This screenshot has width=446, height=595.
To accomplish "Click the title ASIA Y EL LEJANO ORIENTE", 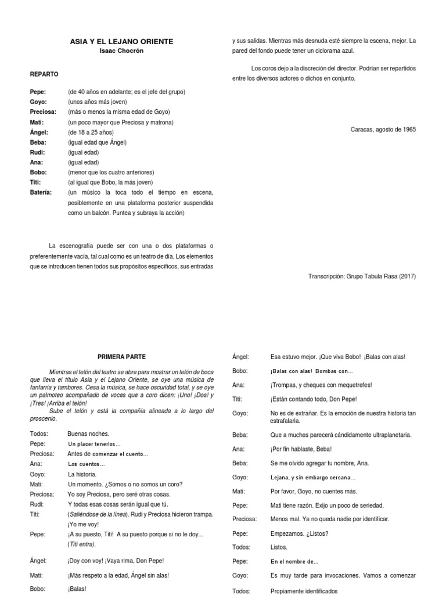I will pos(121,42).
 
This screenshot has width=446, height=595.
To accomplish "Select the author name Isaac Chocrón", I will pos(121,51).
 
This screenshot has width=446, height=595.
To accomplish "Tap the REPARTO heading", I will pos(44,74).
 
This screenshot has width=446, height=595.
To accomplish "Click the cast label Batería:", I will pos(41,192).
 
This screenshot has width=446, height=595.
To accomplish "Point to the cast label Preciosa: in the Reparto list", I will pos(43,112).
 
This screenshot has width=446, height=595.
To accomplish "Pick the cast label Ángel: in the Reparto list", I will pos(41,132).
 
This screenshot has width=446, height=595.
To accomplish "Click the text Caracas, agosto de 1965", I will pos(383,130).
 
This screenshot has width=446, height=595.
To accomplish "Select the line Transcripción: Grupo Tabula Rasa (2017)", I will pos(362,277).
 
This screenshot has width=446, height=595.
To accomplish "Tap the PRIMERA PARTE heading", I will pos(121,357).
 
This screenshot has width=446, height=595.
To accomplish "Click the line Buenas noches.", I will pos(88,433).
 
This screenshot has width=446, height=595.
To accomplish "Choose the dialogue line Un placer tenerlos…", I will pos(94,444).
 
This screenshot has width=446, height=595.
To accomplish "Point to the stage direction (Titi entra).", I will pos(82,544).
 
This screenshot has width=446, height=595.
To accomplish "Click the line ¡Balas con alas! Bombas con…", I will pos(311,371).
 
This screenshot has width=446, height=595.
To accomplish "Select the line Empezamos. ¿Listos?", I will pos(299,533).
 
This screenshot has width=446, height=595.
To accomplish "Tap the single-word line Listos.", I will pos(279,547).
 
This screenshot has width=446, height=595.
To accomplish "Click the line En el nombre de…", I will pos(294,562).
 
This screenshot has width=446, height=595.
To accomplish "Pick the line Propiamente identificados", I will pos(304,591).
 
